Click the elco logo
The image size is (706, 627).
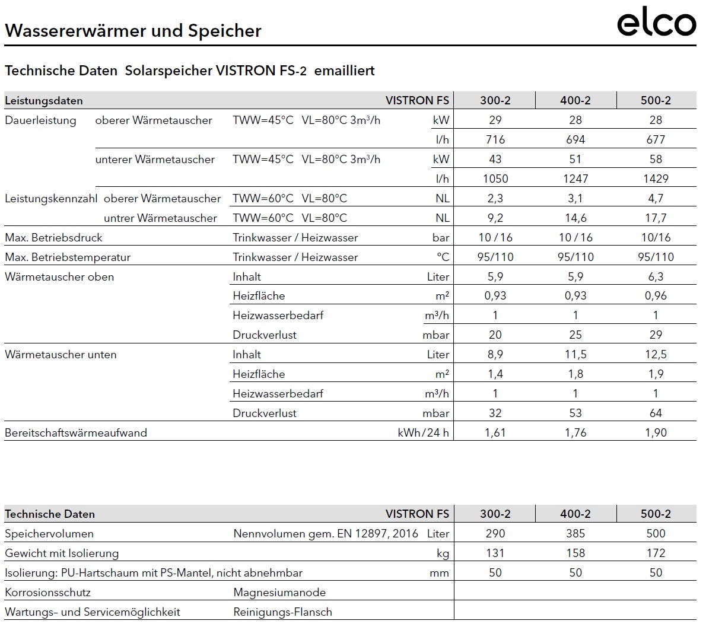pyautogui.click(x=656, y=24)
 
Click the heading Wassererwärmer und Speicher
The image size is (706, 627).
pyautogui.click(x=133, y=31)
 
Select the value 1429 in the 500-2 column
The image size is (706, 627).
pyautogui.click(x=656, y=179)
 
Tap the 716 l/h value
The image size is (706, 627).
pyautogui.click(x=495, y=139)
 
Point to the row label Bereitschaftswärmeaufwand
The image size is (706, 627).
pyautogui.click(x=76, y=432)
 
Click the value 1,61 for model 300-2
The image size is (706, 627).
pyautogui.click(x=495, y=432)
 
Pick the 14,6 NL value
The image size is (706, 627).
pyautogui.click(x=575, y=218)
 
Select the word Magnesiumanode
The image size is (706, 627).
pyautogui.click(x=279, y=592)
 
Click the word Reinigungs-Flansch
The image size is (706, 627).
pyautogui.click(x=282, y=612)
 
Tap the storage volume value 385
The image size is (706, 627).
pyautogui.click(x=575, y=533)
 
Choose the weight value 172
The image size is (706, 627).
pyautogui.click(x=656, y=553)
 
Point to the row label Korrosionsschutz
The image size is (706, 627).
pyautogui.click(x=47, y=592)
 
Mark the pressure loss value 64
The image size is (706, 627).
pyautogui.click(x=656, y=413)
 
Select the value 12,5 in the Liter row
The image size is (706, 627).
pyautogui.click(x=656, y=354)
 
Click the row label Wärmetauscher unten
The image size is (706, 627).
pyautogui.click(x=61, y=354)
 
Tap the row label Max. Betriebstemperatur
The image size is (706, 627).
pyautogui.click(x=68, y=257)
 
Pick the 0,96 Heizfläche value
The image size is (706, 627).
pyautogui.click(x=656, y=295)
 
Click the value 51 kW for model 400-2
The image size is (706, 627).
pyautogui.click(x=575, y=159)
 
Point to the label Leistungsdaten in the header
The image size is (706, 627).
pyautogui.click(x=44, y=100)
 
